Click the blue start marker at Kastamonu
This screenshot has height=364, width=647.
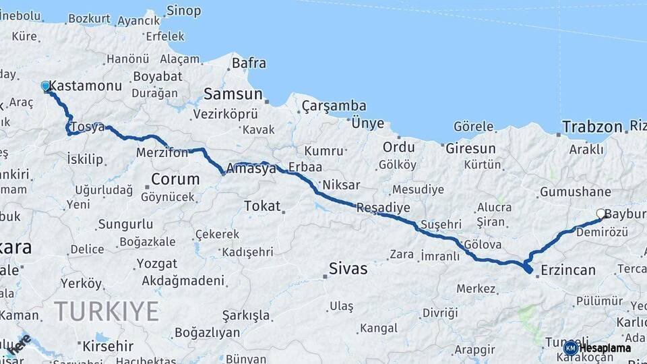tap(46, 86)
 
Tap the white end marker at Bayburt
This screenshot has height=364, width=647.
tap(600, 214)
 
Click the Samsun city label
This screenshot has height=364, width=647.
tap(233, 94)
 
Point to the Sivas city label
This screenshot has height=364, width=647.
tap(348, 269)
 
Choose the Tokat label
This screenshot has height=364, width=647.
tap(262, 206)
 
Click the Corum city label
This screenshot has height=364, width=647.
tap(175, 179)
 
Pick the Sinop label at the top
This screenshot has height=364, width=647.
tap(183, 11)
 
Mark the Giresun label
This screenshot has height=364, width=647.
tap(470, 148)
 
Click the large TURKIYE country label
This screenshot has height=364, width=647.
tap(106, 311)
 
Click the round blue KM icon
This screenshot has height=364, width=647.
tap(571, 348)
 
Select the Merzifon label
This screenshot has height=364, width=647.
tap(162, 153)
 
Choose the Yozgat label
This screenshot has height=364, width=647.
tap(157, 263)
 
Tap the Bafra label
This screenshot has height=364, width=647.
tap(249, 63)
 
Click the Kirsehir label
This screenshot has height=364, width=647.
tap(107, 346)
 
